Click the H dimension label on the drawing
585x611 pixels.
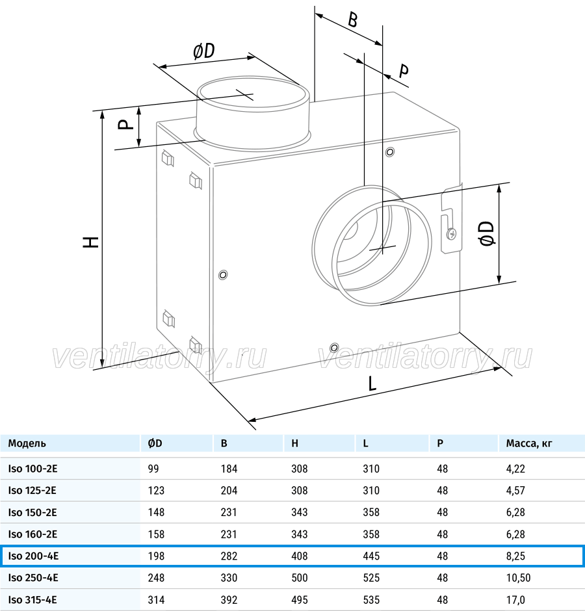(91, 242)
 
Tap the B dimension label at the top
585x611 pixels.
(352, 20)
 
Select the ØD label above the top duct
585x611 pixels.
(204, 51)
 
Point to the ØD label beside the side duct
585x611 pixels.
(487, 233)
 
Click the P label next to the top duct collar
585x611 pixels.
(125, 124)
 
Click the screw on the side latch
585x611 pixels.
(452, 234)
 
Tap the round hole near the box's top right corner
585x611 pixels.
(390, 151)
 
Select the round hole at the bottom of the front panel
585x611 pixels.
(334, 348)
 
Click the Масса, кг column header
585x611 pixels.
(529, 443)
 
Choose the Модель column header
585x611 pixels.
(27, 443)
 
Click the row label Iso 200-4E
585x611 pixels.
(33, 556)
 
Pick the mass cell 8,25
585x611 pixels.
(515, 556)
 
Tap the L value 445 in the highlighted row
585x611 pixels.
(371, 556)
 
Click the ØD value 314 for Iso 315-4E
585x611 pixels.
(156, 600)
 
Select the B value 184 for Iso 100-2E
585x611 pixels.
(229, 469)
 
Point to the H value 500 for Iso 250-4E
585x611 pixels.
(299, 578)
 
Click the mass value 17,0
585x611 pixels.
(515, 600)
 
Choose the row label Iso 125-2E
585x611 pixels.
(32, 490)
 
